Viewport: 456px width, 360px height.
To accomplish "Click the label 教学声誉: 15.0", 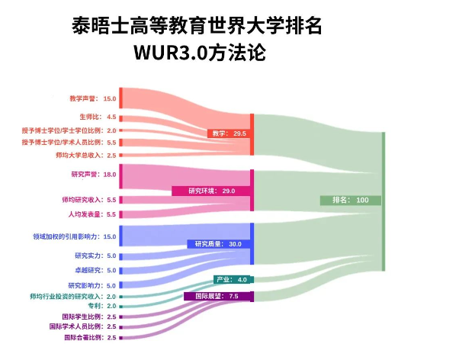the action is pyautogui.click(x=93, y=98).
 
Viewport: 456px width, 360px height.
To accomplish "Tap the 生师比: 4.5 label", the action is pyautogui.click(x=98, y=117).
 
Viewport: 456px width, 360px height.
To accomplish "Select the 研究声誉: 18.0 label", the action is pyautogui.click(x=94, y=175).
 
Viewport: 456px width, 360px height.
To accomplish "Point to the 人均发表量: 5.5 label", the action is pyautogui.click(x=92, y=214).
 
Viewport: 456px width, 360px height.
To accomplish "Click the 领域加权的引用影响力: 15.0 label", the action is pyautogui.click(x=75, y=236).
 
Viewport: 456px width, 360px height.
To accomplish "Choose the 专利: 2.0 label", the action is pyautogui.click(x=102, y=306).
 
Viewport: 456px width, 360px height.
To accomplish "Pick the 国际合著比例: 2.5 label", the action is pyautogui.click(x=90, y=338).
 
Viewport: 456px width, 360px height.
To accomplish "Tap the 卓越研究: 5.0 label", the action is pyautogui.click(x=95, y=271).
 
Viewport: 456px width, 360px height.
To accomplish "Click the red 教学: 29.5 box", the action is pyautogui.click(x=229, y=133).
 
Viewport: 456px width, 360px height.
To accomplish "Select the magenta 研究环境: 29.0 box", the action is pyautogui.click(x=211, y=191).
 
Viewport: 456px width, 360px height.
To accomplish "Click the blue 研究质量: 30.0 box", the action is pyautogui.click(x=219, y=244).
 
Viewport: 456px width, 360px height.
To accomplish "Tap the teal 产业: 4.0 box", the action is pyautogui.click(x=232, y=280).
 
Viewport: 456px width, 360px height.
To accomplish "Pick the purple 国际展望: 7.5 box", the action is pyautogui.click(x=217, y=297).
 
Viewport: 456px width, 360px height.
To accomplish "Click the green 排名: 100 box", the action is pyautogui.click(x=351, y=200).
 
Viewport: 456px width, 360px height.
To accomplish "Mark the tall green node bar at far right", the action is pyautogui.click(x=384, y=201).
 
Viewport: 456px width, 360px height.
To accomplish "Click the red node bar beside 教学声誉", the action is pyautogui.click(x=121, y=98).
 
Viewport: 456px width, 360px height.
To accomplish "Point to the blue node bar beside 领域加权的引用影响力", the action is pyautogui.click(x=121, y=236).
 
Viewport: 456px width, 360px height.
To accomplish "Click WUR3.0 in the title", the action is pyautogui.click(x=170, y=53).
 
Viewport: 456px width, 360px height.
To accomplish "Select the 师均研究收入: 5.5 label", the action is pyautogui.click(x=89, y=200).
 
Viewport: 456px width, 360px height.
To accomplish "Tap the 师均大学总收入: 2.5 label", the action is pyautogui.click(x=86, y=156).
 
